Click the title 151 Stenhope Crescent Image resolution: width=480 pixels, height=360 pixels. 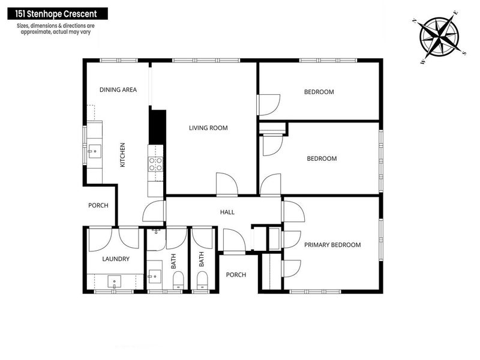(x=57, y=13)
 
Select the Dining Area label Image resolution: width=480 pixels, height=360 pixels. (x=118, y=90)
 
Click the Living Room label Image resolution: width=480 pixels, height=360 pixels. (x=208, y=128)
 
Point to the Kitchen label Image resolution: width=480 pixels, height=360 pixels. (x=122, y=155)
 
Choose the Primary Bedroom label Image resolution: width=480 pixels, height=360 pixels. (x=332, y=245)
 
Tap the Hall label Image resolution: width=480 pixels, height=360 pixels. (x=227, y=212)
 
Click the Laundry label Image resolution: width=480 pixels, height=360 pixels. (x=116, y=259)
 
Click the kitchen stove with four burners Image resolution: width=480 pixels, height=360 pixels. (x=155, y=164)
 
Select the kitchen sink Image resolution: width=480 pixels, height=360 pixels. (x=93, y=151)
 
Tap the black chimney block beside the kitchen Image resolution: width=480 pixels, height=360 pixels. (x=157, y=127)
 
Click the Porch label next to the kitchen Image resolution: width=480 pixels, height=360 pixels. (x=98, y=205)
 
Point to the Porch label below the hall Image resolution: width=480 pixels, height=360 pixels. (x=236, y=275)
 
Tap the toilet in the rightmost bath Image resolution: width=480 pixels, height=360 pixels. (x=202, y=280)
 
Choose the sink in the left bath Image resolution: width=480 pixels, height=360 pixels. (x=154, y=277)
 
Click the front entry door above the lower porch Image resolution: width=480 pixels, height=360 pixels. (x=233, y=241)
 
